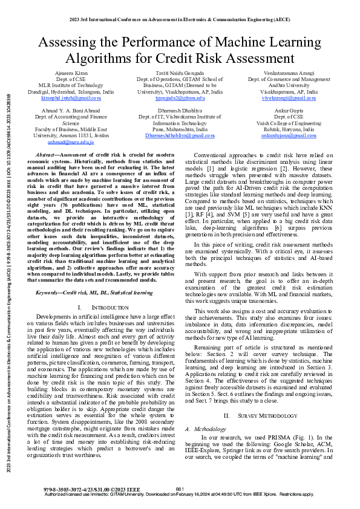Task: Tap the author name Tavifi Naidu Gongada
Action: [180, 72]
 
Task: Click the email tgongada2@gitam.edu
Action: [180, 98]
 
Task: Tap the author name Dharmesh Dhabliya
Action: [180, 112]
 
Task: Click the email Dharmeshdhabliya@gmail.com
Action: [180, 137]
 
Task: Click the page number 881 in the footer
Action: [180, 489]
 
